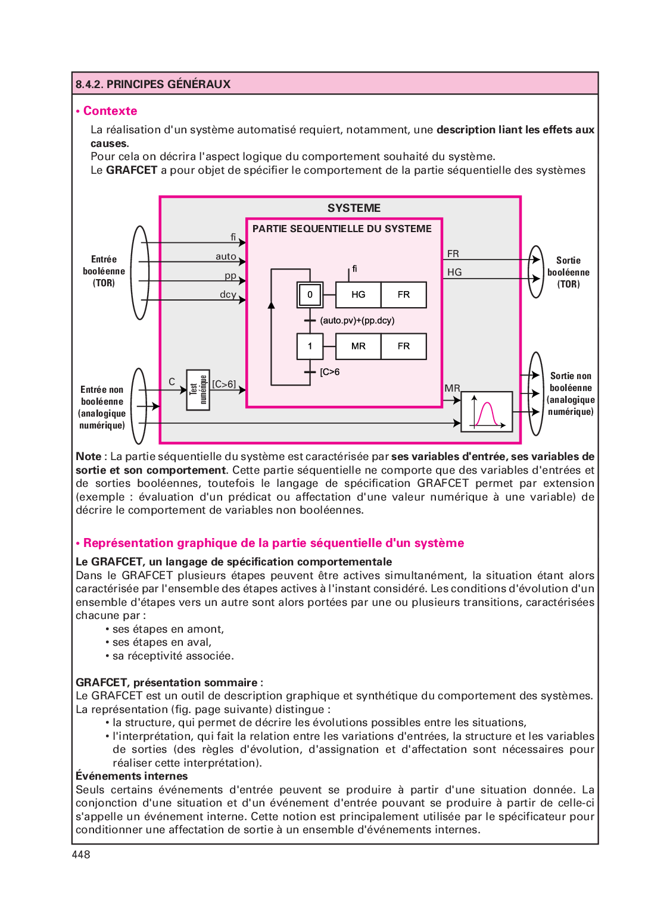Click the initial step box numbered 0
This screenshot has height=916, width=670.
tap(310, 295)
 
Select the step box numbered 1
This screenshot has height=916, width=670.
tap(310, 346)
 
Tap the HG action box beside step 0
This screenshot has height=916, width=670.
tap(359, 295)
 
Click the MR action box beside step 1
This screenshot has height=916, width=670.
tap(359, 346)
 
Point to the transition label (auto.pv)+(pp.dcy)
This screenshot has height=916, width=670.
tap(357, 320)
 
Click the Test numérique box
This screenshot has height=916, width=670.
tap(198, 390)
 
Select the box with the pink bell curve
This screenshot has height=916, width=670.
tap(487, 411)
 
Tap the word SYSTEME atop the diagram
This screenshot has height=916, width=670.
tap(354, 208)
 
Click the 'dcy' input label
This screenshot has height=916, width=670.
tap(228, 295)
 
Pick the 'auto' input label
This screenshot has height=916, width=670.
tap(226, 257)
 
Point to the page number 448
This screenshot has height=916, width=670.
tap(81, 855)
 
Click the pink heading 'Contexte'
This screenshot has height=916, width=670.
tap(110, 111)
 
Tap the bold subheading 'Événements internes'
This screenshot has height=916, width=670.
tap(132, 776)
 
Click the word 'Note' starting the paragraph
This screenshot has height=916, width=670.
tap(88, 457)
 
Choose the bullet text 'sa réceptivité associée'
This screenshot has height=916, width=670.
tap(173, 656)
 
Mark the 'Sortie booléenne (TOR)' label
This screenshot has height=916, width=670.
tap(568, 273)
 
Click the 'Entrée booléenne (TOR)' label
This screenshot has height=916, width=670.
tap(104, 271)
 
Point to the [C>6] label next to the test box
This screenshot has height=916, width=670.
tap(224, 384)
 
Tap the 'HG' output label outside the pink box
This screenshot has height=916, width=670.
tap(454, 273)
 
